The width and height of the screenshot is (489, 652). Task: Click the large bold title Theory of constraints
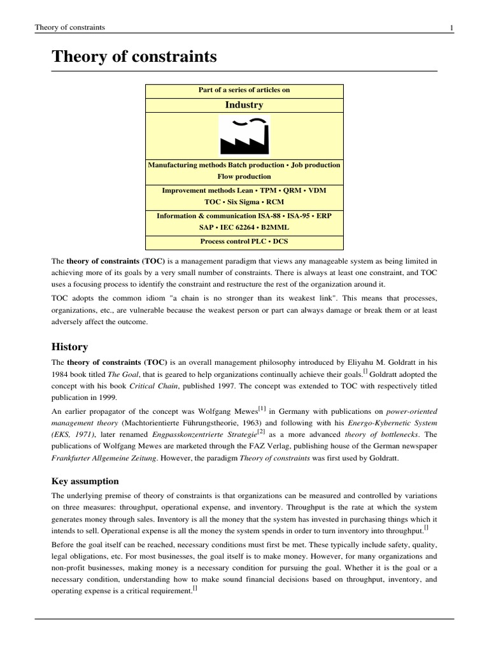[x=134, y=57]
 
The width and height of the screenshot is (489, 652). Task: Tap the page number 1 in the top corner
[x=451, y=27]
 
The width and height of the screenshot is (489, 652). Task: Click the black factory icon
[x=244, y=135]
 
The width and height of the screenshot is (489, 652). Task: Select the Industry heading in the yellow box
[x=244, y=104]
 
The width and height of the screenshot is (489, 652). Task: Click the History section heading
[x=69, y=346]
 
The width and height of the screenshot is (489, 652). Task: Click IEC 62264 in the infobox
[x=247, y=228]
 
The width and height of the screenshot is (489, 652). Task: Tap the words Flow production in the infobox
[x=244, y=176]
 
